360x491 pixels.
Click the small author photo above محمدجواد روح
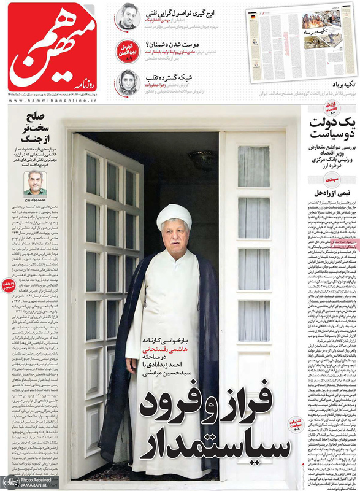coord(35,182)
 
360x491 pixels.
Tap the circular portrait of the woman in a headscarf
coord(126,83)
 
